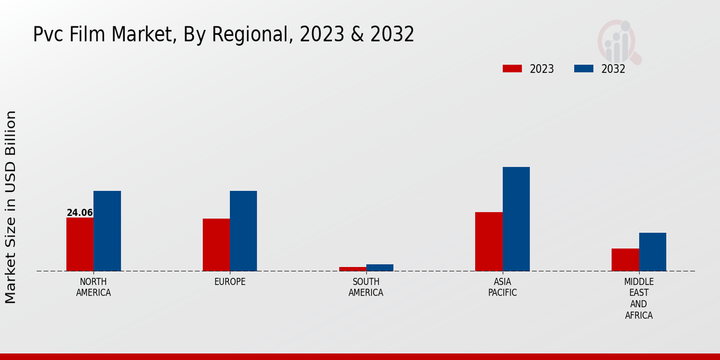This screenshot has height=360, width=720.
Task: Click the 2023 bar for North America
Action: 80,244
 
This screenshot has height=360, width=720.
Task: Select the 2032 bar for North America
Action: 107,231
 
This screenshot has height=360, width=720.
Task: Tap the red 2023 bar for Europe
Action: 216,245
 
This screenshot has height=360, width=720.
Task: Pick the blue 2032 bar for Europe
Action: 244,231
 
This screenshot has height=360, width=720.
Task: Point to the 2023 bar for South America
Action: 352,269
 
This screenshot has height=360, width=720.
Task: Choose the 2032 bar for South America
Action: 380,268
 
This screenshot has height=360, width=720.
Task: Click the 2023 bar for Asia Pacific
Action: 488,241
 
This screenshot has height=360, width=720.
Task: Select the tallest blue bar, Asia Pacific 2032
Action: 516,219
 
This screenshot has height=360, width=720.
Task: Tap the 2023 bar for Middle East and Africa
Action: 625,260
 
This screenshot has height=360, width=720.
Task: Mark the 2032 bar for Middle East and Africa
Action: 653,252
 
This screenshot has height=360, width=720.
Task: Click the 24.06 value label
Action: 80,213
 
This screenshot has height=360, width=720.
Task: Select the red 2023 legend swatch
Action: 512,69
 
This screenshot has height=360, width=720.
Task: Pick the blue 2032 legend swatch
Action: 584,69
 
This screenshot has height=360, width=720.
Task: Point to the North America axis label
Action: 94,287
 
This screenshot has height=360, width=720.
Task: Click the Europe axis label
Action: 230,282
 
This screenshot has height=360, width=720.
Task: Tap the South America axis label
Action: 366,287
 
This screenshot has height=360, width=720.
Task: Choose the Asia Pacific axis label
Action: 502,287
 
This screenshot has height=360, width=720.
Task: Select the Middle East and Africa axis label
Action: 639,298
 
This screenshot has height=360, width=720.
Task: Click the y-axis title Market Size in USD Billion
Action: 11,207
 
